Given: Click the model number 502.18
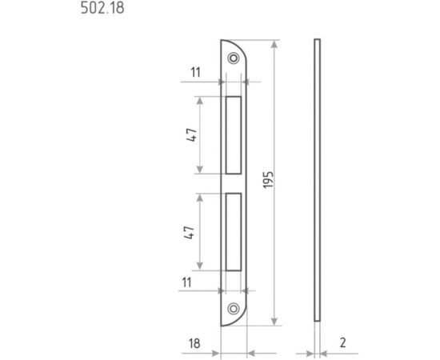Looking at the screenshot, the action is tap(102, 8).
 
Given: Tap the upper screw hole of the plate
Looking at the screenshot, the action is tap(233, 58).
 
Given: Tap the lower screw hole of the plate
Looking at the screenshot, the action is tap(233, 309).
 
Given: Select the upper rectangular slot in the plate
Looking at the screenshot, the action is tap(234, 135).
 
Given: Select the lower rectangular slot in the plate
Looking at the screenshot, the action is tap(234, 232).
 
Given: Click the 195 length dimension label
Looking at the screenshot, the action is tap(268, 179).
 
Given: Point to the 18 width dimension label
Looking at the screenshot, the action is tap(194, 343).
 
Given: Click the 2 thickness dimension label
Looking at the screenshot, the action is tap(342, 342).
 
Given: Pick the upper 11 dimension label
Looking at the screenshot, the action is tap(195, 72).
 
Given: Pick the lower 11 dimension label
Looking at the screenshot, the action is tap(186, 282).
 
